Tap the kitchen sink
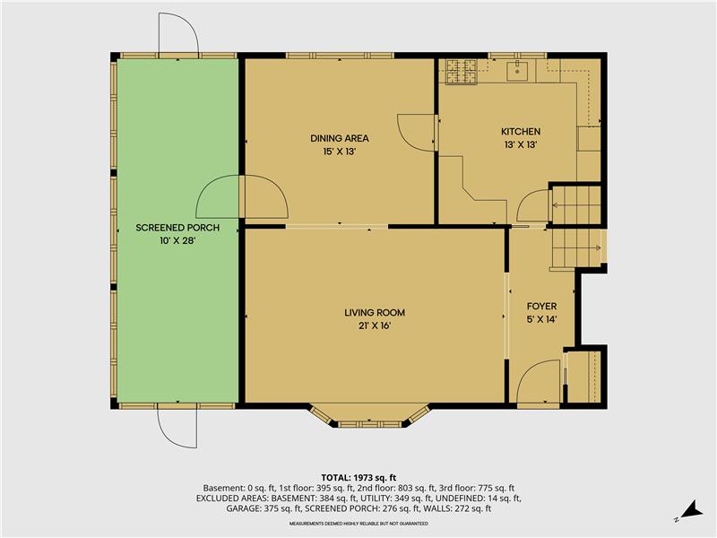click(x=518, y=68)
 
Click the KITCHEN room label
click(x=521, y=132)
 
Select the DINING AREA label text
click(x=340, y=138)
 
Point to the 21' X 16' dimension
click(x=375, y=326)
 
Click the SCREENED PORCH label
click(x=177, y=228)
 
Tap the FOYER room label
click(x=541, y=307)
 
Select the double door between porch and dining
click(x=241, y=197)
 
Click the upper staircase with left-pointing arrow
click(x=574, y=205)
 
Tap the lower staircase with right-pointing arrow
click(x=574, y=247)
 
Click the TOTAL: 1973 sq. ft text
click(x=358, y=477)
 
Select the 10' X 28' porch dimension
click(x=177, y=241)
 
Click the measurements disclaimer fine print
click(x=358, y=523)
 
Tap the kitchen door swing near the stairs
click(x=534, y=207)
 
